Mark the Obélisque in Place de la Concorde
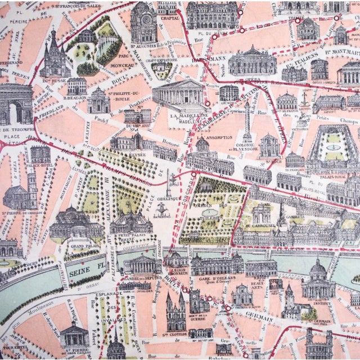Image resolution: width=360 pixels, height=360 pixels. (169, 183)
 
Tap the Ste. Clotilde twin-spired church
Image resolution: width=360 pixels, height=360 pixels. (175, 312)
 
